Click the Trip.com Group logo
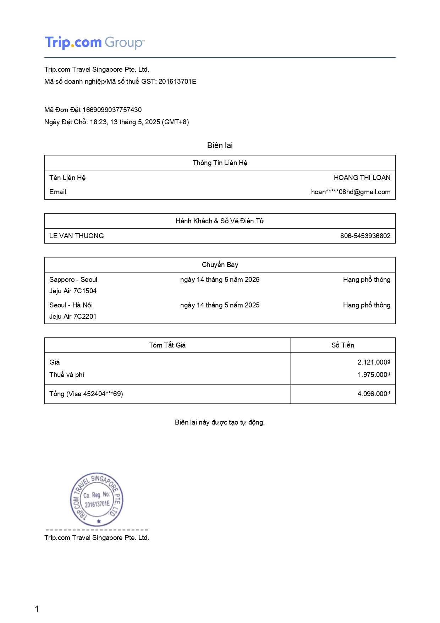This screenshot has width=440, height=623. tap(94, 43)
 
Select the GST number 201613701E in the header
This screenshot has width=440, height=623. tap(177, 82)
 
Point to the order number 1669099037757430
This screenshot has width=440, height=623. tap(112, 110)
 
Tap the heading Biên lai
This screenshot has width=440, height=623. tap(220, 146)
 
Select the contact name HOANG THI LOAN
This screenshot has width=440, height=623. tap(362, 178)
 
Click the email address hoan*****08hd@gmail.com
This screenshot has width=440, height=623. tap(351, 192)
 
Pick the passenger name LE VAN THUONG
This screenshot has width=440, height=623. tap(77, 236)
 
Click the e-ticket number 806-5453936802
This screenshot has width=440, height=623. tap(365, 236)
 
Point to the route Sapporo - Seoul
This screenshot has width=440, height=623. tap(73, 280)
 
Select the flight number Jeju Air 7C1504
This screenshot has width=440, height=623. tap(73, 291)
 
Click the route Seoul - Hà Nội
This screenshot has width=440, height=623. tap(71, 305)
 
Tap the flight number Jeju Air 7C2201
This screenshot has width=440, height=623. tap(73, 317)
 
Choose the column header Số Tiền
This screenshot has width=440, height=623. tap(342, 345)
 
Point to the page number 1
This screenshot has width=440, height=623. tap(37, 609)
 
